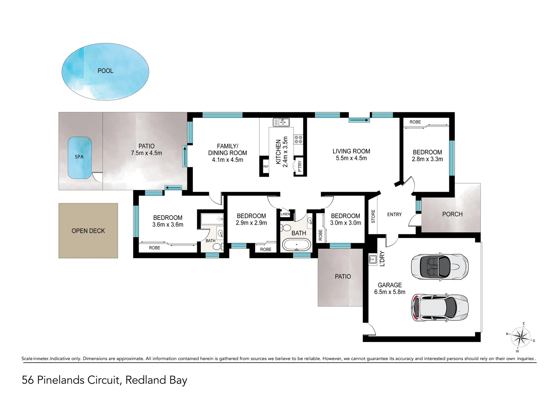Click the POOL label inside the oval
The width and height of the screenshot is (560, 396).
pos(105,71)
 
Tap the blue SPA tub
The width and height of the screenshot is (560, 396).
pos(80,158)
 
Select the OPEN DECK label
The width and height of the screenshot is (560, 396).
pos(88,231)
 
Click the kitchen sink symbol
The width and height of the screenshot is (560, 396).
pos(281,122)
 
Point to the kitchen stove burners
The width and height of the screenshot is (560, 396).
pos(298,139)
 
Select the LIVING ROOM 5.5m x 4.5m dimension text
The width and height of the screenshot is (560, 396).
pos(351,158)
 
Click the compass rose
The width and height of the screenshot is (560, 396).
pos(520,337)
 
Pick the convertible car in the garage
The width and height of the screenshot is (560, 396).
pos(439,266)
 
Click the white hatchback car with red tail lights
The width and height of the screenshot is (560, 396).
pos(439,307)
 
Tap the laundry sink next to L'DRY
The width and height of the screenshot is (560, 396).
pos(373,260)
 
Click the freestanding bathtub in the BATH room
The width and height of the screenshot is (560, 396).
pos(296,245)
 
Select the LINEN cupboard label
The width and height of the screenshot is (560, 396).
pos(285,214)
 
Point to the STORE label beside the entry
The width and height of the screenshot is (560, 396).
pos(373,216)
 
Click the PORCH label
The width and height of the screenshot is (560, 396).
pos(452,214)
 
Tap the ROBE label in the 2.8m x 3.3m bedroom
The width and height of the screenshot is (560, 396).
pos(415,122)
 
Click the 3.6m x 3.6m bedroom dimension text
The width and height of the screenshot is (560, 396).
pos(168,225)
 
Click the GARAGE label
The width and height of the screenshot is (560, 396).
pos(390,285)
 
